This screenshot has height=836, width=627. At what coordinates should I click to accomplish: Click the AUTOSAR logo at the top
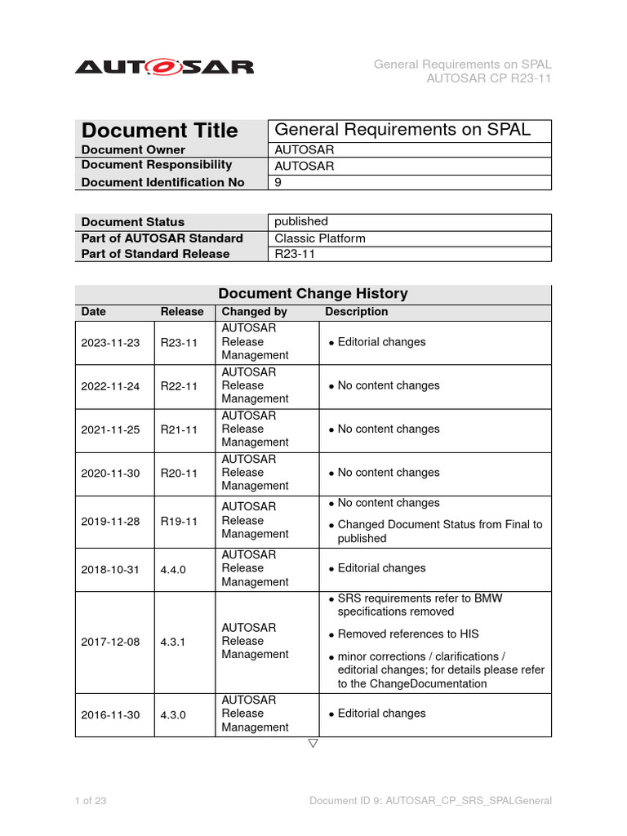[164, 67]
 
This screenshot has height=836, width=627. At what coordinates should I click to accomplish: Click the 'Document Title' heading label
[160, 131]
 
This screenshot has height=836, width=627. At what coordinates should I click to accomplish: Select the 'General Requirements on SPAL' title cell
[402, 130]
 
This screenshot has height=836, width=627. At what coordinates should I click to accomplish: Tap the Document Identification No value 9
[278, 182]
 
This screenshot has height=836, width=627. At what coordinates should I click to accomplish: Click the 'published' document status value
[301, 221]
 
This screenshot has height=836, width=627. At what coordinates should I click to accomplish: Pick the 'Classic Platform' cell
[320, 238]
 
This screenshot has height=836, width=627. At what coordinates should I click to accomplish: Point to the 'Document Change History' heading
[313, 293]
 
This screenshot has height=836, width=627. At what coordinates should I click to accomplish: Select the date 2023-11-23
[110, 342]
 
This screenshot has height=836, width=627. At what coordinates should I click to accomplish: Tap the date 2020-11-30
[110, 473]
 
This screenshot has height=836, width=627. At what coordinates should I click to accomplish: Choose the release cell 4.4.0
[173, 569]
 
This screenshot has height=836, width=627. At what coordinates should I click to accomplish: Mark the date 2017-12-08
[110, 642]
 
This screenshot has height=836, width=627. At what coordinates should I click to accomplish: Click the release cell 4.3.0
[173, 714]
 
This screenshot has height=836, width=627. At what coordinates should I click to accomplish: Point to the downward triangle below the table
[313, 744]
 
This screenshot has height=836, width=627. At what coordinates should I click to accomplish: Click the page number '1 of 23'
[91, 801]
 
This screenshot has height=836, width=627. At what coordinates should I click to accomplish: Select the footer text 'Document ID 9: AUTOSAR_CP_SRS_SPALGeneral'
[430, 801]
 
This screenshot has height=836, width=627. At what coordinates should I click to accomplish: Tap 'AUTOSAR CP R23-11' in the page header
[489, 78]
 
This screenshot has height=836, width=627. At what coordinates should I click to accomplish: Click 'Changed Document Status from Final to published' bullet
[439, 531]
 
